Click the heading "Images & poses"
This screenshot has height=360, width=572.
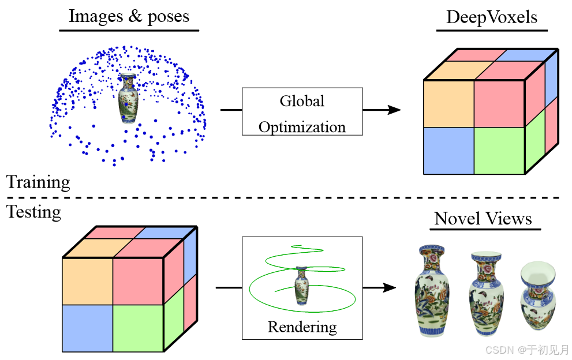point(129,16)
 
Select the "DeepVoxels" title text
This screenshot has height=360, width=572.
point(492,17)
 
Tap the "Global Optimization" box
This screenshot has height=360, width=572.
point(302,112)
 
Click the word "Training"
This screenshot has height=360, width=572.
point(38,183)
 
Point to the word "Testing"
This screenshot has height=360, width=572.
point(33,212)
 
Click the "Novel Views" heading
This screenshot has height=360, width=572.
point(483,219)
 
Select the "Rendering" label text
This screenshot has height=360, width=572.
point(302,327)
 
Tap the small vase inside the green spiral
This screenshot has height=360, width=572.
point(301,285)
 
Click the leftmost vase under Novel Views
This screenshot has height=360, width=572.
point(431,291)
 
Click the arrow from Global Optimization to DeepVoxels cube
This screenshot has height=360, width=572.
point(382,110)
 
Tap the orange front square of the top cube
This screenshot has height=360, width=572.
point(448,104)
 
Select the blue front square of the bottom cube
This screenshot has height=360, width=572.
point(87,328)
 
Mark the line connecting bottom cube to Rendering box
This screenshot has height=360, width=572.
point(229,287)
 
